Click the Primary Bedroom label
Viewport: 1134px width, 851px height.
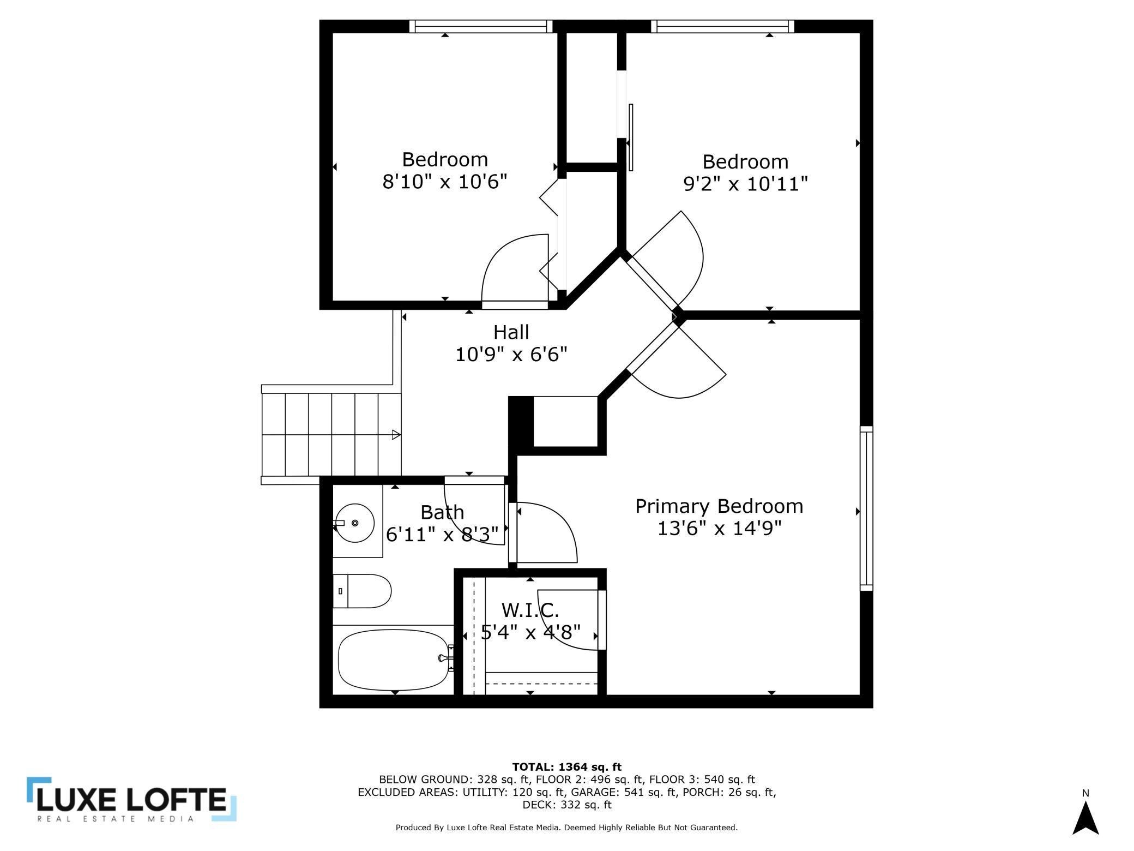coord(719,506)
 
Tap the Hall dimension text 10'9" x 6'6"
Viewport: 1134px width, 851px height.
coord(511,355)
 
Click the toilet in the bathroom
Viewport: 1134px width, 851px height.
coord(362,591)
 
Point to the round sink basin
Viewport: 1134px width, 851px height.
coord(354,523)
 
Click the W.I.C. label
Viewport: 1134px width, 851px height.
coord(530,609)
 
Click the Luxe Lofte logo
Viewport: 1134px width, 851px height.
coord(131,800)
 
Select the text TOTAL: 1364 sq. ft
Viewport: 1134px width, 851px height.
coord(566,767)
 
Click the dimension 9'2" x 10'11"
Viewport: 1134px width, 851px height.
coord(745,184)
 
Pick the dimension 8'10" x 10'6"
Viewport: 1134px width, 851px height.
coord(444,182)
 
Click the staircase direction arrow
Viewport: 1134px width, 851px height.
coord(396,435)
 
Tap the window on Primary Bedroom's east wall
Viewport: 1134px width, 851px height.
coord(866,508)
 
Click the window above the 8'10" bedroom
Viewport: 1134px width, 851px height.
coord(480,26)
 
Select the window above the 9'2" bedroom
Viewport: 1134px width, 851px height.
coord(722,26)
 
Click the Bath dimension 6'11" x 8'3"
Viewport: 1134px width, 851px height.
coord(442,535)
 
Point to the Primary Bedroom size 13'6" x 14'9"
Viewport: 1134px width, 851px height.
coord(719,529)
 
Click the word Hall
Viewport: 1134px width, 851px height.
coord(511,332)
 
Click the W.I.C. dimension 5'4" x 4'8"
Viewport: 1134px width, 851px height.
coord(530,632)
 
